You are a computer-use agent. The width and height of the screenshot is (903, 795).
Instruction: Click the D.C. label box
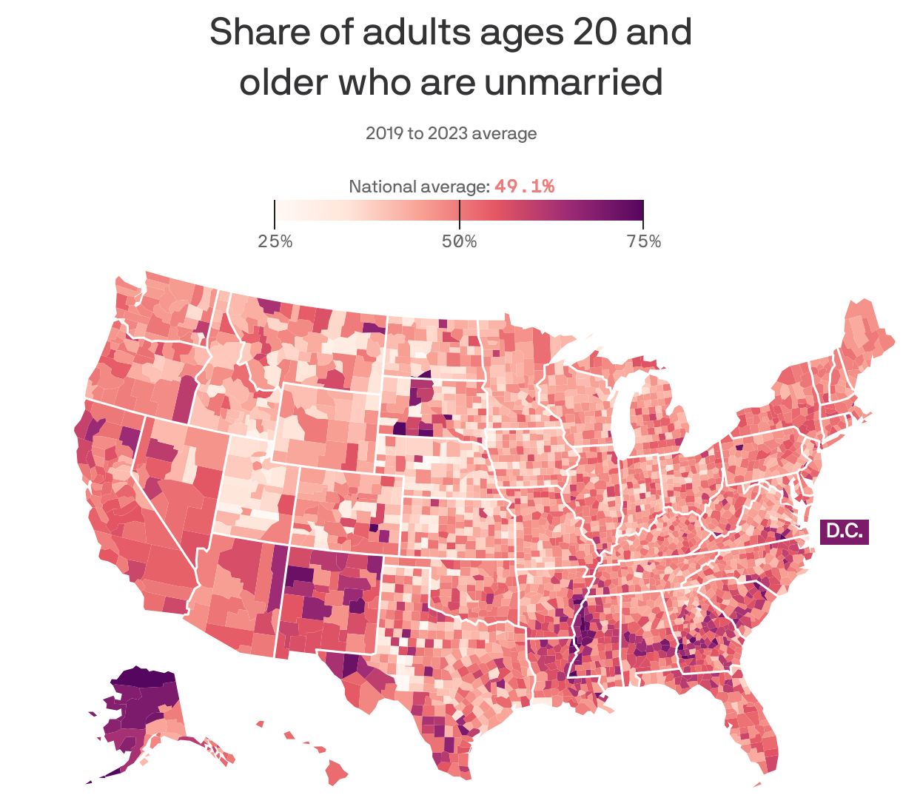click(x=844, y=531)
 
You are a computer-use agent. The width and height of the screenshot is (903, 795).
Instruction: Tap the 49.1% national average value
click(x=524, y=187)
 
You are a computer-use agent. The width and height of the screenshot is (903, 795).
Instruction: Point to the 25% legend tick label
click(x=275, y=242)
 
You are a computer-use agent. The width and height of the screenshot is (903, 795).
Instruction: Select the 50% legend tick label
click(x=459, y=242)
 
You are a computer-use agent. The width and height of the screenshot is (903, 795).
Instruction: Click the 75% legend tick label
click(x=643, y=242)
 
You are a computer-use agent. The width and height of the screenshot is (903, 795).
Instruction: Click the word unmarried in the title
click(x=574, y=82)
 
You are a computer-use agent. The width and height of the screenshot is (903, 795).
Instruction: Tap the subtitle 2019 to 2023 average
click(x=451, y=134)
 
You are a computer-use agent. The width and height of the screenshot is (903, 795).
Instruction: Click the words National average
click(x=419, y=187)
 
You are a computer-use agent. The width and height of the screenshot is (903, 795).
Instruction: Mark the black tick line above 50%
click(x=460, y=215)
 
